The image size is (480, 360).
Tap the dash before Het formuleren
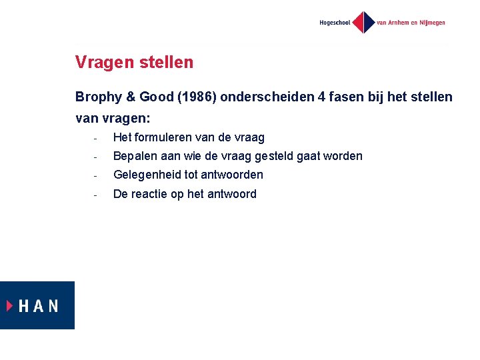pos(96,139)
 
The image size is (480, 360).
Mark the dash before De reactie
pos(96,195)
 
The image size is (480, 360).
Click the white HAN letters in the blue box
pos(39,306)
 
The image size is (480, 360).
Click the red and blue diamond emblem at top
pos(363,23)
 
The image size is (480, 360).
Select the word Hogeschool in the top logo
pos(335,23)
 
